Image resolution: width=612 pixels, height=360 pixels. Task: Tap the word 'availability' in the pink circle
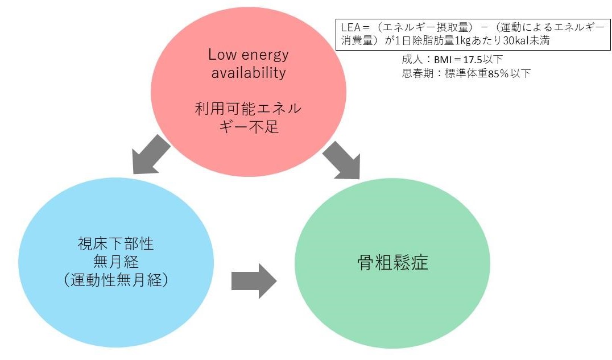tap(248, 73)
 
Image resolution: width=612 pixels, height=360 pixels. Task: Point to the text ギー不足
tap(248, 126)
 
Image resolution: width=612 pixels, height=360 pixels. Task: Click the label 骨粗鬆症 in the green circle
tap(392, 263)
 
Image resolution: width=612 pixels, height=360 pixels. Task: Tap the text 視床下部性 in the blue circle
tap(116, 245)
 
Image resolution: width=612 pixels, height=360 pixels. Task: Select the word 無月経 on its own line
tap(116, 262)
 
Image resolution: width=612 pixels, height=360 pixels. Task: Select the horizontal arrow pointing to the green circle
tap(254, 280)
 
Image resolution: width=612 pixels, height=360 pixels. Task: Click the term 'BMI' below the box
tap(443, 59)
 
